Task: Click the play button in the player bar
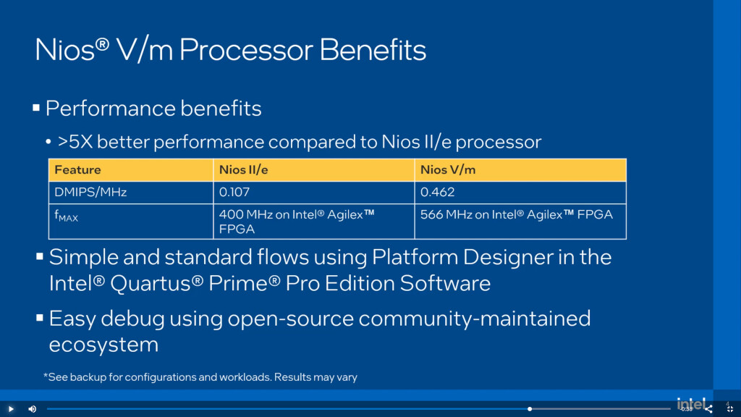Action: click(11, 409)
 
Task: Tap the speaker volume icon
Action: click(32, 409)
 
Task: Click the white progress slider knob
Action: click(530, 409)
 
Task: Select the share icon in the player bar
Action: click(708, 410)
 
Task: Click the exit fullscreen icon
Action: click(730, 410)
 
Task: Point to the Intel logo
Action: click(691, 403)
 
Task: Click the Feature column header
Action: click(77, 169)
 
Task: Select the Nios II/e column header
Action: click(243, 169)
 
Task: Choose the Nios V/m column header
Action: click(447, 169)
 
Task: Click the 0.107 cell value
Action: click(234, 192)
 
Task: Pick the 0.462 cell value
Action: click(437, 192)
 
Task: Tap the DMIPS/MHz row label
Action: click(90, 192)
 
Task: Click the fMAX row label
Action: click(66, 216)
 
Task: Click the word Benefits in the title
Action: click(373, 50)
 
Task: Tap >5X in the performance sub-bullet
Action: click(75, 142)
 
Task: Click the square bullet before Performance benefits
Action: click(36, 108)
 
